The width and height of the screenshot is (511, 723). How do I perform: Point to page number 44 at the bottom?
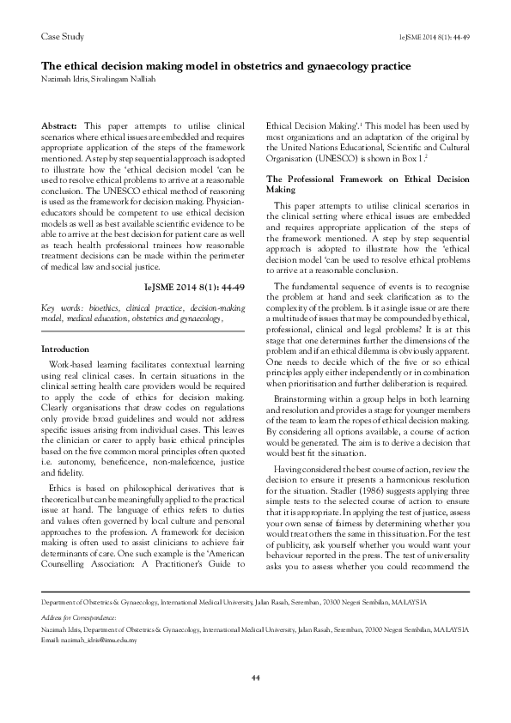[255, 678]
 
